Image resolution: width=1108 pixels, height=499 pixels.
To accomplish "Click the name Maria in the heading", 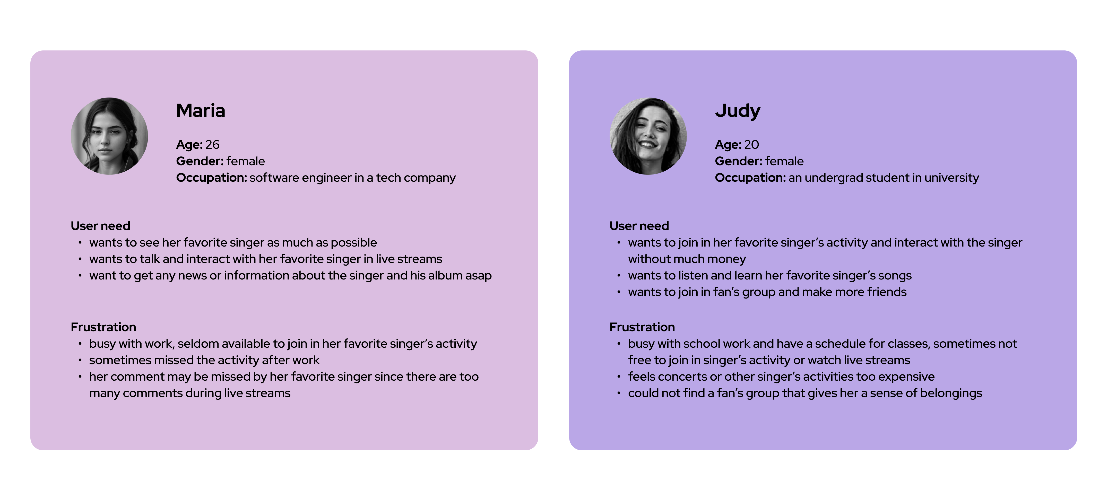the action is (x=201, y=110).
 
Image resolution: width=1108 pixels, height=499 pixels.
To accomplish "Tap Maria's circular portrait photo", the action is (x=109, y=136).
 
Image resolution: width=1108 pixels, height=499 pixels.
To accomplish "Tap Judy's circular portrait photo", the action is (x=648, y=136).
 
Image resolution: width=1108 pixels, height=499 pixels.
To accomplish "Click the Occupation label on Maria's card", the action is (x=211, y=178).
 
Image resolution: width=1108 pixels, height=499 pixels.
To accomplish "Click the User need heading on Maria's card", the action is (x=100, y=226).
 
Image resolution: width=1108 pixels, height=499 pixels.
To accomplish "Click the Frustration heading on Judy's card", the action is (x=642, y=327).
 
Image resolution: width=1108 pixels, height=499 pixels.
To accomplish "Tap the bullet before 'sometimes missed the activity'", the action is (x=80, y=360).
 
